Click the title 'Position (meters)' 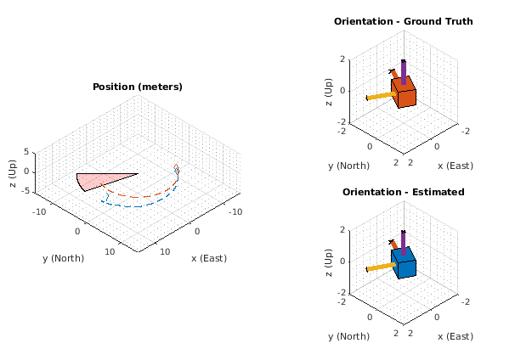click(x=137, y=87)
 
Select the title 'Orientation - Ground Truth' click(x=403, y=21)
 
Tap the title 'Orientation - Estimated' click(x=403, y=192)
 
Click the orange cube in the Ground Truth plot click(x=404, y=93)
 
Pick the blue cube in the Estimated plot click(x=404, y=263)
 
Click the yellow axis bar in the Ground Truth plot click(x=381, y=95)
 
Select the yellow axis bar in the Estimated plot click(x=381, y=267)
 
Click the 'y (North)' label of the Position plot click(x=63, y=258)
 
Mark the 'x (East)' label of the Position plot click(x=208, y=258)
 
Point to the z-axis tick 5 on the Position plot click(x=27, y=152)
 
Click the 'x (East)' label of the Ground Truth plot click(x=455, y=166)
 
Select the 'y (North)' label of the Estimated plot click(x=349, y=336)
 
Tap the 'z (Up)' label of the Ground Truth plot click(x=329, y=90)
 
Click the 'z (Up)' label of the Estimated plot click(x=329, y=261)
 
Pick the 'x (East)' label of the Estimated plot click(x=455, y=336)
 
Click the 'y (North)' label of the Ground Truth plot click(x=349, y=166)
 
